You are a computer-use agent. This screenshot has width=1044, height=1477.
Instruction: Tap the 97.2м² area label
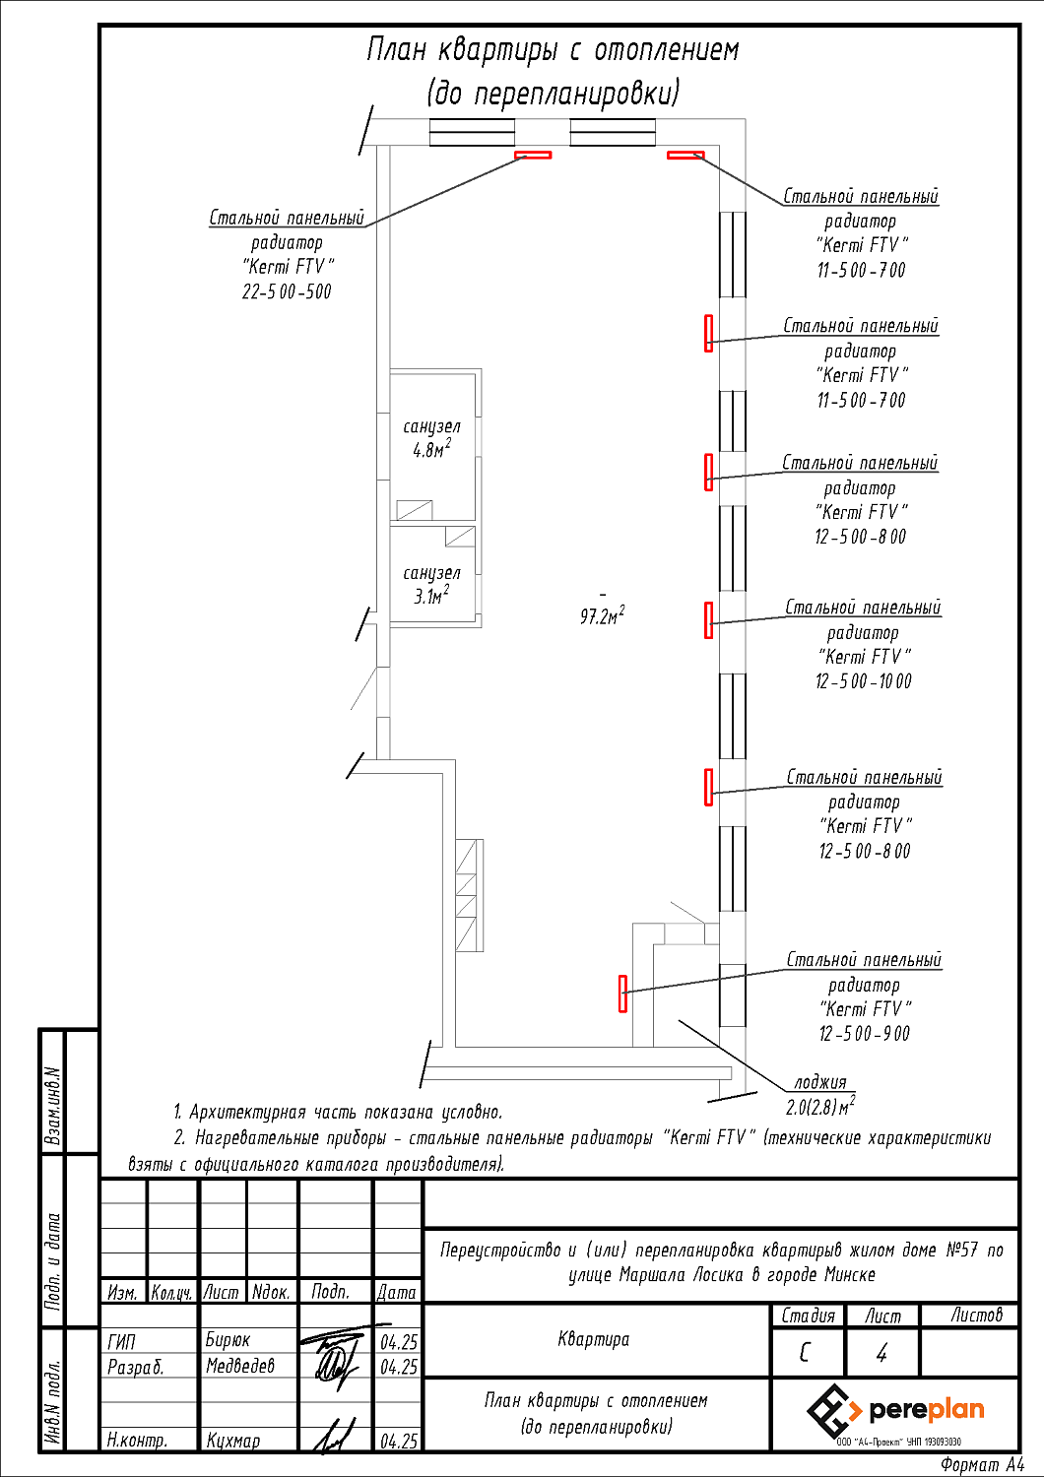pos(602,616)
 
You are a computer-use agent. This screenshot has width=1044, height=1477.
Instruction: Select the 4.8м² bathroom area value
pos(431,450)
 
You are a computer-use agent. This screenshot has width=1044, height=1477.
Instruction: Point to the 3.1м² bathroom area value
pos(431,596)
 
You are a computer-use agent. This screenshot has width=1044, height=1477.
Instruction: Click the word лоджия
pos(819,1082)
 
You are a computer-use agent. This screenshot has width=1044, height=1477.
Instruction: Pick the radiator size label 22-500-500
pos(287,291)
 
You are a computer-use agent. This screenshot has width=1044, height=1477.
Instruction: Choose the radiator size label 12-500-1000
pos(863,681)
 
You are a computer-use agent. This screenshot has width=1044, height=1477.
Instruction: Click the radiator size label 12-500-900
pos(864,1034)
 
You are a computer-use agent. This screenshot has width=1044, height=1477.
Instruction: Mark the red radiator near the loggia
pos(622,993)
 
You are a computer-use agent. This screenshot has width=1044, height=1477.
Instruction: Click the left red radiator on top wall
pos(533,155)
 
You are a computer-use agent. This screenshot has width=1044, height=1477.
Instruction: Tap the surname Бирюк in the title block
pos(228,1340)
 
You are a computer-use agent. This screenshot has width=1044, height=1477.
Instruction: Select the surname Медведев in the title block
pos(240,1366)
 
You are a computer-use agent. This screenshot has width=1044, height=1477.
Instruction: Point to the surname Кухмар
pos(233,1441)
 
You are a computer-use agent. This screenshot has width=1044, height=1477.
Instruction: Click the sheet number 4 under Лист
pos(881,1354)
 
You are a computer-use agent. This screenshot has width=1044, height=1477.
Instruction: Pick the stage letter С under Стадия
pos(805,1353)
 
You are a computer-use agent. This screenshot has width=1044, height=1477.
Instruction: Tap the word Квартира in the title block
pos(593,1339)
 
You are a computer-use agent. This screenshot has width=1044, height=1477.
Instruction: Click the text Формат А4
pos(982,1465)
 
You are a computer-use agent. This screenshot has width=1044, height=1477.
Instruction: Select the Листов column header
pos(976,1315)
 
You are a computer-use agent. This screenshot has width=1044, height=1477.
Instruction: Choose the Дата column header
pos(397,1292)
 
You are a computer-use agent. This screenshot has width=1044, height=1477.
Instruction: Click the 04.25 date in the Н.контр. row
pos(399,1441)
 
